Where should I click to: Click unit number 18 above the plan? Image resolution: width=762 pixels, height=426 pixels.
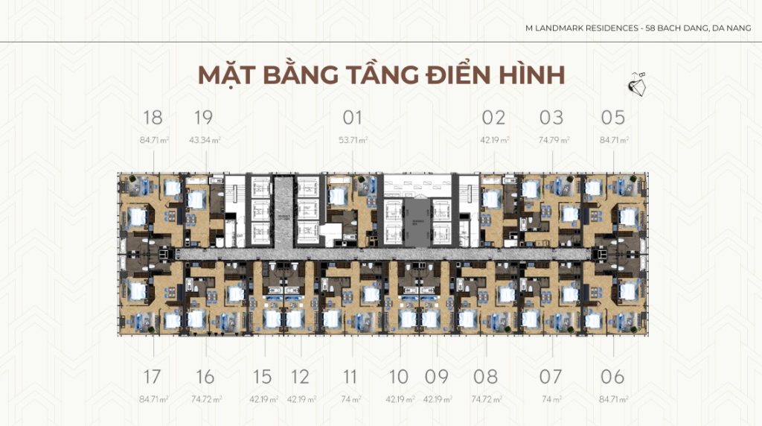point(153,118)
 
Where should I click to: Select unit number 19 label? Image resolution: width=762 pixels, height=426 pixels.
point(203,118)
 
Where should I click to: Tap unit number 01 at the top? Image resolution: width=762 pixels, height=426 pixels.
point(353,118)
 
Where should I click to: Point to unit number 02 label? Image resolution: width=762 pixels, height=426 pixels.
point(493,118)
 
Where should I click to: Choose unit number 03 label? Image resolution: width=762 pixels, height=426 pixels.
point(551,118)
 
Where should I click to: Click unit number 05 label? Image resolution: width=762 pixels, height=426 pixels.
point(613,118)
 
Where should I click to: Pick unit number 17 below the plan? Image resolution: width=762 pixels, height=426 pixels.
point(153,376)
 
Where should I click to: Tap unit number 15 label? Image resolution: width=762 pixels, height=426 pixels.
point(262,376)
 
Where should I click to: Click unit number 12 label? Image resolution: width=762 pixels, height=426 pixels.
point(301,376)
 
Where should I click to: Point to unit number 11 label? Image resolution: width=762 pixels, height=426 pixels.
point(350,376)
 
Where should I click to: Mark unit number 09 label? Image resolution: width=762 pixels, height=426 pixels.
point(436,376)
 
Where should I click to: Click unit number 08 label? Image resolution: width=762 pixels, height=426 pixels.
point(485,376)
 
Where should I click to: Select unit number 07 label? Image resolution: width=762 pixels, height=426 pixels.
point(551,376)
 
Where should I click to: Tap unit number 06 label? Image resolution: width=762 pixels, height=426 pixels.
point(613,376)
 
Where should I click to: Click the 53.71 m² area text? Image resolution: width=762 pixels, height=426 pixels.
point(353,140)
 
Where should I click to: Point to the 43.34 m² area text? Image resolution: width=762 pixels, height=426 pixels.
point(204,140)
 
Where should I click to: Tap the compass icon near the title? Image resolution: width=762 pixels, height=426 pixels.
point(636,84)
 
